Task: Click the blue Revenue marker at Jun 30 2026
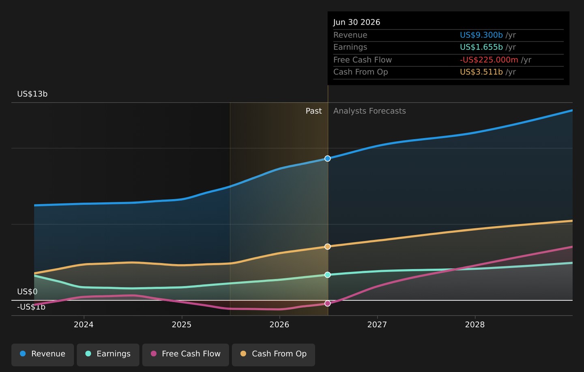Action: coord(327,158)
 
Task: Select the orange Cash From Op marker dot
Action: coord(327,247)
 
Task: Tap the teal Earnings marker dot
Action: coord(327,275)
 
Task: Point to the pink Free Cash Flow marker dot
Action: coord(327,303)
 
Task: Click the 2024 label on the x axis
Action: coord(84,325)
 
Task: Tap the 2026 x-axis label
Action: coord(279,325)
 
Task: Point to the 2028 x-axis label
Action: coord(475,325)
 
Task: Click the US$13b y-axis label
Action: coord(32,94)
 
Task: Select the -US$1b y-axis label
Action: coord(31,307)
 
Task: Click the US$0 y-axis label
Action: coord(28,291)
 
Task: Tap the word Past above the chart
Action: coord(313,111)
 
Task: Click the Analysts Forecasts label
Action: coord(369,111)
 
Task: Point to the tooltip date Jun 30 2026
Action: coord(356,22)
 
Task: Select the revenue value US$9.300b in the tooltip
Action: coord(481,35)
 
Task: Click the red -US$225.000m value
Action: coord(489,60)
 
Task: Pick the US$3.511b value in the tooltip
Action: coord(481,72)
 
